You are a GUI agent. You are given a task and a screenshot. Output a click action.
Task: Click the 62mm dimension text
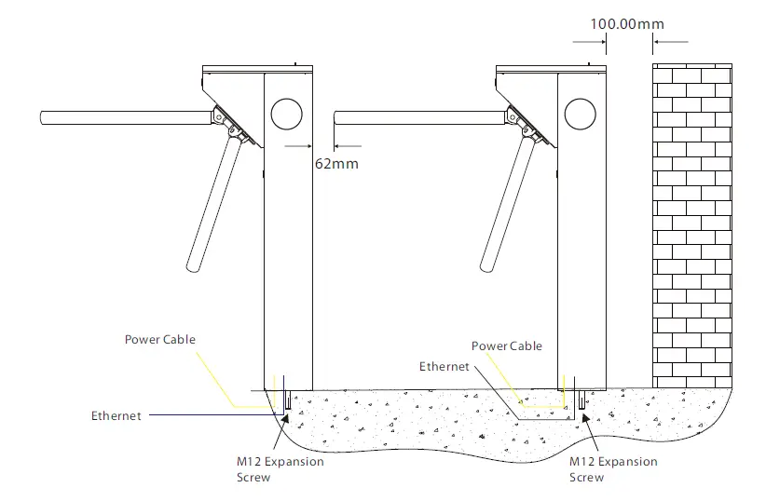336,163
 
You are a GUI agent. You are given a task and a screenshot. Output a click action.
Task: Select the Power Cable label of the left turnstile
160,340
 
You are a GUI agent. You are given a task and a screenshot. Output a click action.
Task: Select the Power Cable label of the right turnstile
506,346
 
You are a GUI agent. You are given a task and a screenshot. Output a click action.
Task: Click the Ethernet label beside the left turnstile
116,416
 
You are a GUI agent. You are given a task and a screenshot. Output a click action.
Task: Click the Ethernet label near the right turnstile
445,367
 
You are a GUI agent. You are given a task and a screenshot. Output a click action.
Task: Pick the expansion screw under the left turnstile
288,401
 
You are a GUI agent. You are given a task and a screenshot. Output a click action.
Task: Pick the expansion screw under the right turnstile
582,401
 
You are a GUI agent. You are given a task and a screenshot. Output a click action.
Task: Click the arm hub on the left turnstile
224,118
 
